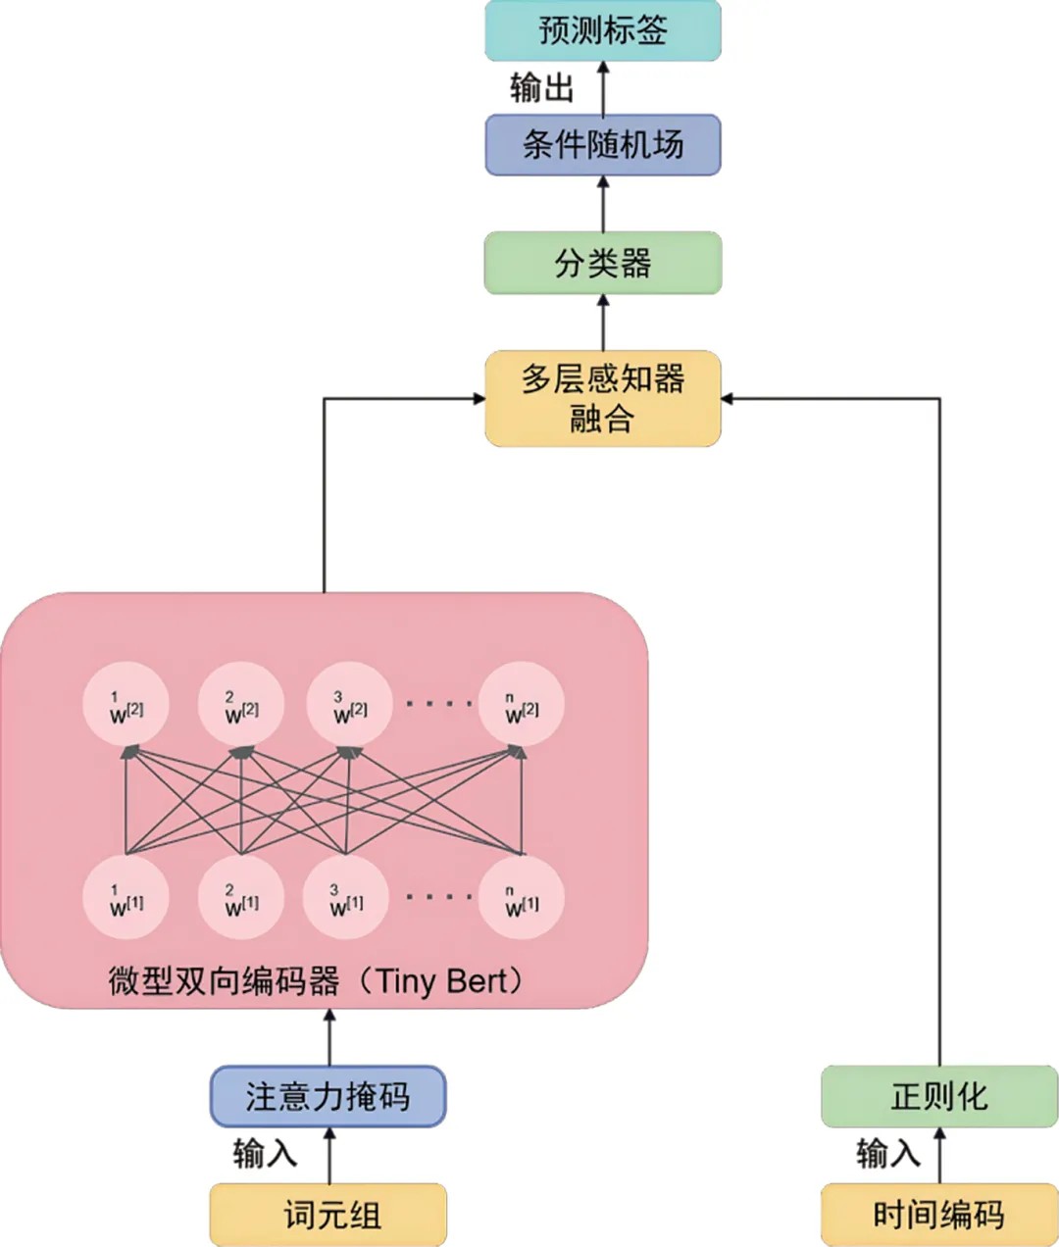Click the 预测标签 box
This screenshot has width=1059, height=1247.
click(603, 30)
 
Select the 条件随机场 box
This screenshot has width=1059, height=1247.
click(603, 145)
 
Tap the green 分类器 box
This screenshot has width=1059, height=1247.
click(603, 263)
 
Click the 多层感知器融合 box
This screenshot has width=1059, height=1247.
click(603, 398)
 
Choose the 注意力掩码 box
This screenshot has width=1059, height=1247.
click(328, 1096)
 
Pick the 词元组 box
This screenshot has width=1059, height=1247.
click(328, 1215)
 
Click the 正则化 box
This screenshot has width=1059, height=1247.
click(939, 1096)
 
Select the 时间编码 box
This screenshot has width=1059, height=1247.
click(939, 1215)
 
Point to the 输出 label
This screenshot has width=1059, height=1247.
click(541, 88)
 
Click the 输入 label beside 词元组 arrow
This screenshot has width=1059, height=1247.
click(265, 1153)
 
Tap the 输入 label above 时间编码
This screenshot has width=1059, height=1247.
click(888, 1153)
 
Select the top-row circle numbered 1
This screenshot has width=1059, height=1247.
click(126, 704)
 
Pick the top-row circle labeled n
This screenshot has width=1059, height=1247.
click(522, 704)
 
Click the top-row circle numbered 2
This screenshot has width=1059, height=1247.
click(241, 704)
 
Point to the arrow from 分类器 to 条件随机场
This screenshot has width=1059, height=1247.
click(603, 204)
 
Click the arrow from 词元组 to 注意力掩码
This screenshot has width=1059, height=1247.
click(329, 1155)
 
